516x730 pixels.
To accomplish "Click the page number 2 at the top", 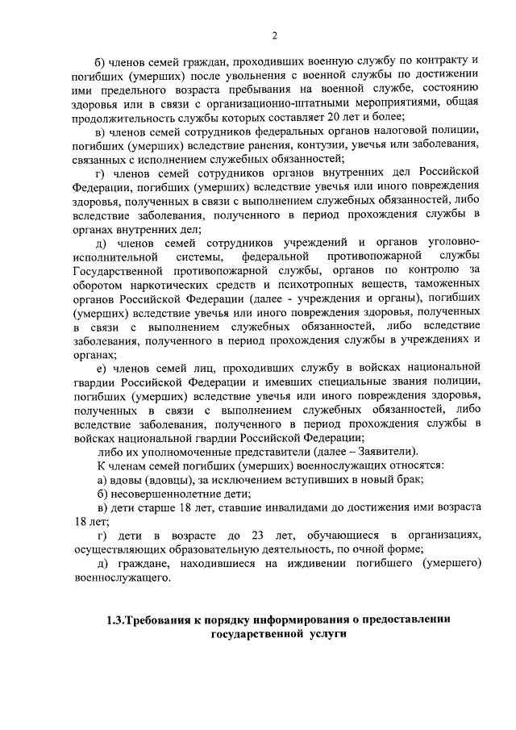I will (274, 35).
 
